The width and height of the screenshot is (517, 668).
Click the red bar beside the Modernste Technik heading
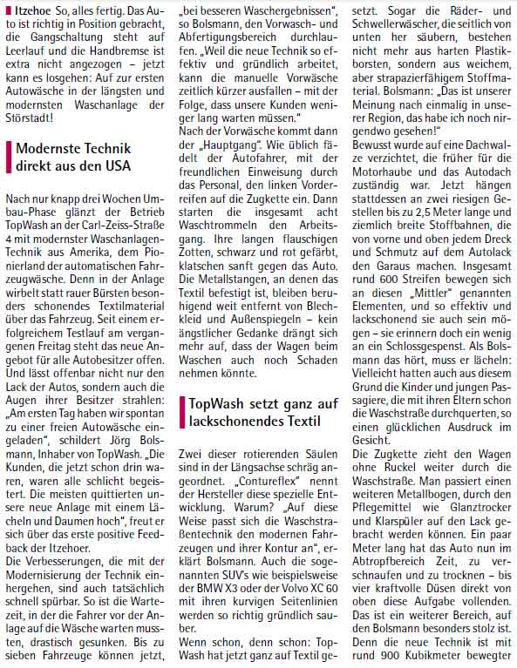coord(9,156)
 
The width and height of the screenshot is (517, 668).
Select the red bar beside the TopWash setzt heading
coord(181,411)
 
